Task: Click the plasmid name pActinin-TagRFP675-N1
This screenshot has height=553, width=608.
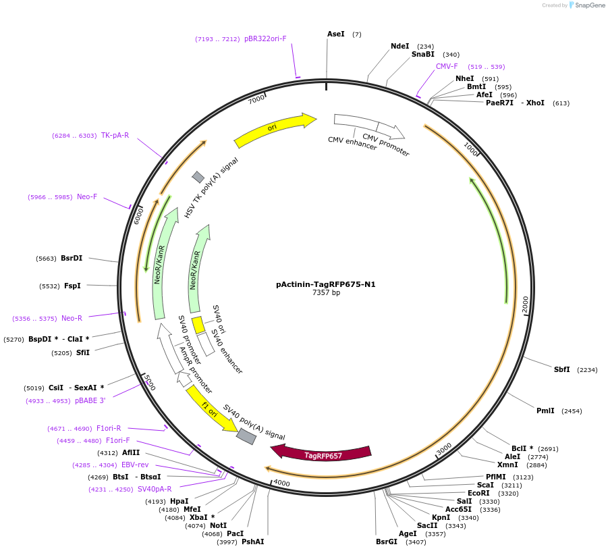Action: pyautogui.click(x=325, y=284)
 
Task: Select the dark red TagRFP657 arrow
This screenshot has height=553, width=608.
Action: pyautogui.click(x=323, y=454)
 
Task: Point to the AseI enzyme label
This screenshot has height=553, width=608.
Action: pyautogui.click(x=335, y=34)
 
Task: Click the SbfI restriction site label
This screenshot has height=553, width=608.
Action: pyautogui.click(x=561, y=369)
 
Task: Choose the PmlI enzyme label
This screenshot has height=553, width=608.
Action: pyautogui.click(x=545, y=411)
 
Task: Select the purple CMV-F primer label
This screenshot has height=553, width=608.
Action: pyautogui.click(x=447, y=66)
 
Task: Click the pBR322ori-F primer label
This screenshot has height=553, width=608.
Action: pyautogui.click(x=265, y=38)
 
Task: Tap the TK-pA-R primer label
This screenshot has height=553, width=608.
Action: pyautogui.click(x=115, y=135)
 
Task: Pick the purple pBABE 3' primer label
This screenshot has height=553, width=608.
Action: pyautogui.click(x=90, y=400)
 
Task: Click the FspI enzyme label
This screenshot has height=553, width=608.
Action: pyautogui.click(x=72, y=286)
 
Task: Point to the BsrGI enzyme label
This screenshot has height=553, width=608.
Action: pyautogui.click(x=386, y=542)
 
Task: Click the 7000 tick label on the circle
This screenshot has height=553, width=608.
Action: pyautogui.click(x=256, y=99)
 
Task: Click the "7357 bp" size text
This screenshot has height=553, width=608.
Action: pyautogui.click(x=326, y=293)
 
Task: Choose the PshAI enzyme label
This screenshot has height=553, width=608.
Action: pyautogui.click(x=252, y=542)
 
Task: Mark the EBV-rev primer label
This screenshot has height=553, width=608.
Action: pyautogui.click(x=134, y=465)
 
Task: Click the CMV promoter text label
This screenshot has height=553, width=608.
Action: pyautogui.click(x=385, y=145)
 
